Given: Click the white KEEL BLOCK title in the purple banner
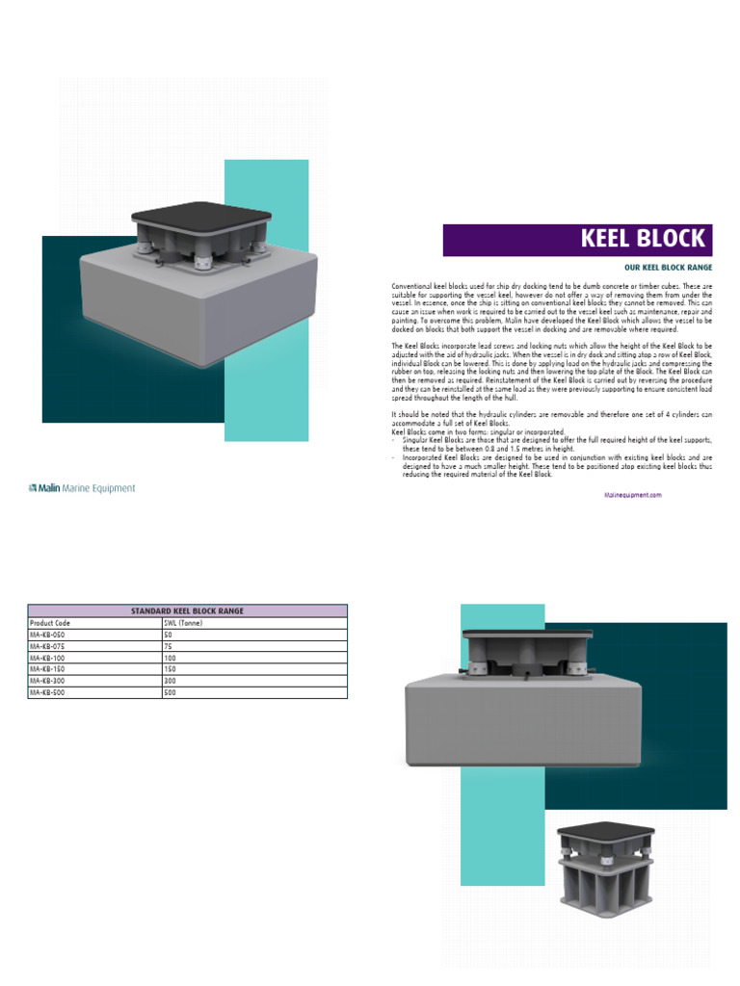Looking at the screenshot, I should point(643,239).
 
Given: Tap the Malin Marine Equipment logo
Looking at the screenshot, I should point(82,488).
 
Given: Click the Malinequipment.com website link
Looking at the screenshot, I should point(633,494).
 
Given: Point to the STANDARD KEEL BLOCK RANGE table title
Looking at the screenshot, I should point(187,610).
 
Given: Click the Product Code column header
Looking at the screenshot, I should point(50,623).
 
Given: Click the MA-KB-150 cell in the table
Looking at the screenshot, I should point(48,669).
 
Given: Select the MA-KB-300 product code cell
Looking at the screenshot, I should point(48,681).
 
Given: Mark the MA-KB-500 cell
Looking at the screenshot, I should point(48,692).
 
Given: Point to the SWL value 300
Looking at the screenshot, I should point(171,681).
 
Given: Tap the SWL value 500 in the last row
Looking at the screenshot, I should point(171,692).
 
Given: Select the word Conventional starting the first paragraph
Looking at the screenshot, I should point(412,287).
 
